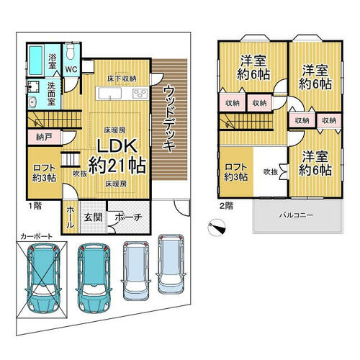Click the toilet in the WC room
[x=71, y=51]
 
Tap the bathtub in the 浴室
[x=36, y=60]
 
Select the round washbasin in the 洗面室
[x=32, y=103]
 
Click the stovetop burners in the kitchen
[x=140, y=94]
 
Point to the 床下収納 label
[x=122, y=78]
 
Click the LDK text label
[x=117, y=145]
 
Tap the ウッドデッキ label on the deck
[x=169, y=119]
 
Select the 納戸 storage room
[x=45, y=138]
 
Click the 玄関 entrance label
[x=93, y=217]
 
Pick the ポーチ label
[x=128, y=217]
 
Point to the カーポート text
[x=36, y=236]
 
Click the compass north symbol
[x=217, y=228]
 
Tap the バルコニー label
[x=296, y=215]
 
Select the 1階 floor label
[x=35, y=206]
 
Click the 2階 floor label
[x=226, y=206]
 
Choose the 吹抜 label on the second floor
[x=271, y=172]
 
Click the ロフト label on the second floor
[x=235, y=166]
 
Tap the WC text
[x=71, y=69]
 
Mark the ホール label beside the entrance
[x=70, y=217]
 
